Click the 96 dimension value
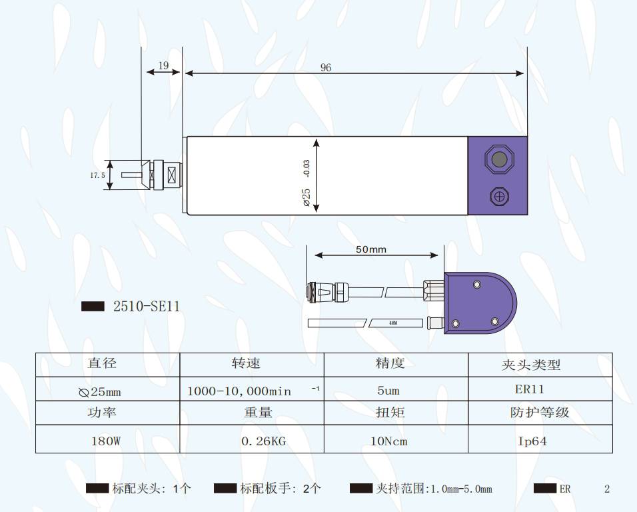coord(326,67)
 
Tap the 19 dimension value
coord(163,65)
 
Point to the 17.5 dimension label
coord(97,175)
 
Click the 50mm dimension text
coord(371,249)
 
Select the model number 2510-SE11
coord(147,306)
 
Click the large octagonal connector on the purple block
coord(499,159)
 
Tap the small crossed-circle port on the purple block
coord(499,197)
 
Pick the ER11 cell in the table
coord(529,389)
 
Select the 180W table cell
coord(106,441)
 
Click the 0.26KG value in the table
coord(264,441)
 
